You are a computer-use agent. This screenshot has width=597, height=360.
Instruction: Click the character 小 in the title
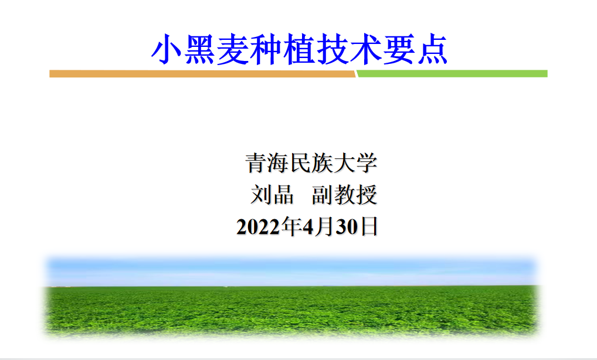click(x=166, y=49)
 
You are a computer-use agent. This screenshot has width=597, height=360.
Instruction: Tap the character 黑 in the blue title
click(x=199, y=49)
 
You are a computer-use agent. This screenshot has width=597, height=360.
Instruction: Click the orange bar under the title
click(x=202, y=74)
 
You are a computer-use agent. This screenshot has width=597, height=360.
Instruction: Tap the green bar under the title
click(x=452, y=74)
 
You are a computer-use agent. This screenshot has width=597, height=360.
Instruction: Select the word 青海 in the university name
click(x=266, y=163)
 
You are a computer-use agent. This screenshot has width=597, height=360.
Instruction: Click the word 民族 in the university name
click(x=311, y=163)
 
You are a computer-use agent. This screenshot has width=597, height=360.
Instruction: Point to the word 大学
click(x=355, y=163)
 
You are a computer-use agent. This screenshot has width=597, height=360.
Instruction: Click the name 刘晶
click(x=272, y=195)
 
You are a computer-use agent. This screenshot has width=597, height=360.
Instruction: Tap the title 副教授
click(x=345, y=195)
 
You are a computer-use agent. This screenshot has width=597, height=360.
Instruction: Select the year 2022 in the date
click(x=259, y=227)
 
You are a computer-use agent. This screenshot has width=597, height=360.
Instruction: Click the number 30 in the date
click(x=347, y=227)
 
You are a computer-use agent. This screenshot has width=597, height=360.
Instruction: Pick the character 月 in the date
click(x=325, y=227)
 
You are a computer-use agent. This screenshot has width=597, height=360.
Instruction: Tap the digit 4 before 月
click(x=308, y=227)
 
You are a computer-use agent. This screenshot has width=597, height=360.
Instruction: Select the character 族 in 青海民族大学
click(x=322, y=163)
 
